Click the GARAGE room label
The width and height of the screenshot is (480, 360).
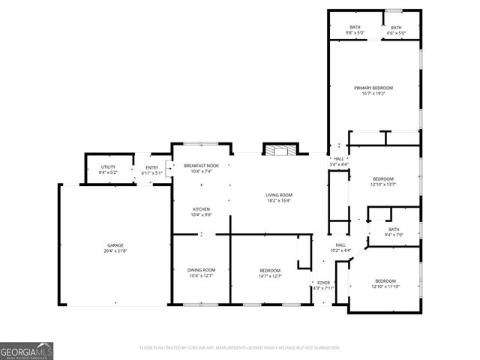[115, 245]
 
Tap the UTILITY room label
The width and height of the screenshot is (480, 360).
[108, 168]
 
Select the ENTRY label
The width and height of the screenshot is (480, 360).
[152, 168]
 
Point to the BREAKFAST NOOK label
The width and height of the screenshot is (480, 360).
[201, 166]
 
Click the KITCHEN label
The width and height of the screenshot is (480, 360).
[201, 209]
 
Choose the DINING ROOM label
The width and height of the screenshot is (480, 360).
[201, 270]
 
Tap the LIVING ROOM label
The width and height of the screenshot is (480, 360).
[278, 196]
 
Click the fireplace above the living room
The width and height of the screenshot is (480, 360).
[280, 149]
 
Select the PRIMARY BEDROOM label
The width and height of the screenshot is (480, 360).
[373, 88]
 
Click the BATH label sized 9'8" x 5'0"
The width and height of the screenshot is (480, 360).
[355, 28]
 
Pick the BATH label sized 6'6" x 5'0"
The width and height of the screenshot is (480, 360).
[396, 28]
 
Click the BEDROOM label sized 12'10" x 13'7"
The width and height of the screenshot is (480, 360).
[383, 178]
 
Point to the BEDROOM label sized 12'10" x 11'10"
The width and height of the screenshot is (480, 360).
[385, 280]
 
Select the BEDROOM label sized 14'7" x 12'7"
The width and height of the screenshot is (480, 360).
[270, 271]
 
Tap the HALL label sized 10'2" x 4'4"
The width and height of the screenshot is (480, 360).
[340, 245]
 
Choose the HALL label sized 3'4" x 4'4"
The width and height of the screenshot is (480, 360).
[339, 159]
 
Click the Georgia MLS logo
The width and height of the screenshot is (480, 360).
[27, 350]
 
